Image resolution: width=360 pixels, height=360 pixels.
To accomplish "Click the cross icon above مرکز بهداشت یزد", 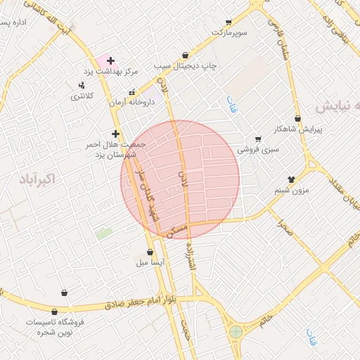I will [x=110, y=61].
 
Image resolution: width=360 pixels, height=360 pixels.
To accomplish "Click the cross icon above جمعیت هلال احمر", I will [x=115, y=134].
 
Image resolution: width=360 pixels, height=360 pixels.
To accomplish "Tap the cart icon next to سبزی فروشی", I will [x=258, y=139].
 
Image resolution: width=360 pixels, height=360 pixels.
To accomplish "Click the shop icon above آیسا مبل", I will [x=150, y=252].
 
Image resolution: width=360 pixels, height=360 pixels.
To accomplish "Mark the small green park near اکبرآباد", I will [x=104, y=233].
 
